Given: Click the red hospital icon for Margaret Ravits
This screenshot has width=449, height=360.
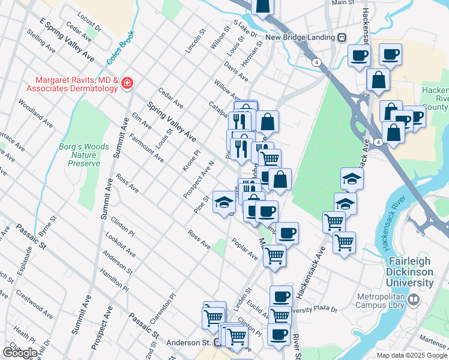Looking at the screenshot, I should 127,83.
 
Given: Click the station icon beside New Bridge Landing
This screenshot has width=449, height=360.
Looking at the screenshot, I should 342,37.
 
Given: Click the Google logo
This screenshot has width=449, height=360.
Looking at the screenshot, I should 20,353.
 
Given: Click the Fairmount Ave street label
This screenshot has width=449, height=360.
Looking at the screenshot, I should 146,150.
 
